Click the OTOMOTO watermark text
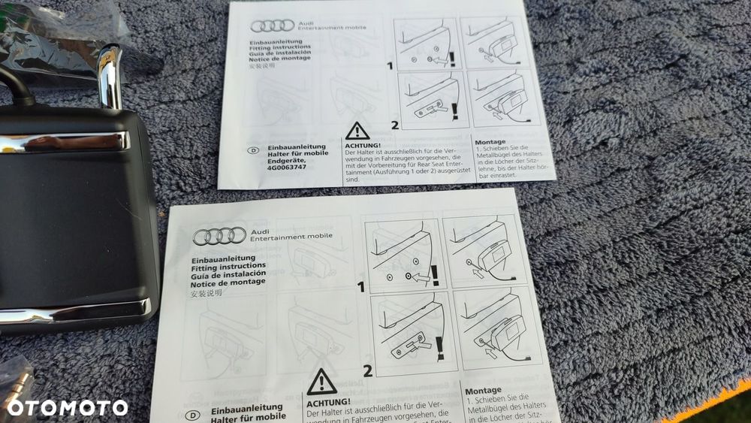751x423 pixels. [67, 407]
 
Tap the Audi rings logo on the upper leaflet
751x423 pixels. [272, 26]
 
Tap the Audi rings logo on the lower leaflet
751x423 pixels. [219, 236]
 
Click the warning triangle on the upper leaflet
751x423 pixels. [357, 131]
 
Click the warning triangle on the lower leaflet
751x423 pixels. [321, 382]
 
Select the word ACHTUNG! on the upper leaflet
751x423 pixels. [363, 145]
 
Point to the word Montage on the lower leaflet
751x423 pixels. [484, 391]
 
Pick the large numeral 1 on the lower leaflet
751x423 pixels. [360, 286]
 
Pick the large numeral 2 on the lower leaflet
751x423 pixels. [368, 370]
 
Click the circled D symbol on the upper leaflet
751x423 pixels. [252, 150]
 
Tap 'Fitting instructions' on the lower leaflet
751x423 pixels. [228, 266]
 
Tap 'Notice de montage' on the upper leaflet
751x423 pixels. [281, 58]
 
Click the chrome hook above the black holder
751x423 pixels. [110, 75]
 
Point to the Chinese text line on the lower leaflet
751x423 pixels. [207, 295]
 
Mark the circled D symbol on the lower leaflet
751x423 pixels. [193, 415]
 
